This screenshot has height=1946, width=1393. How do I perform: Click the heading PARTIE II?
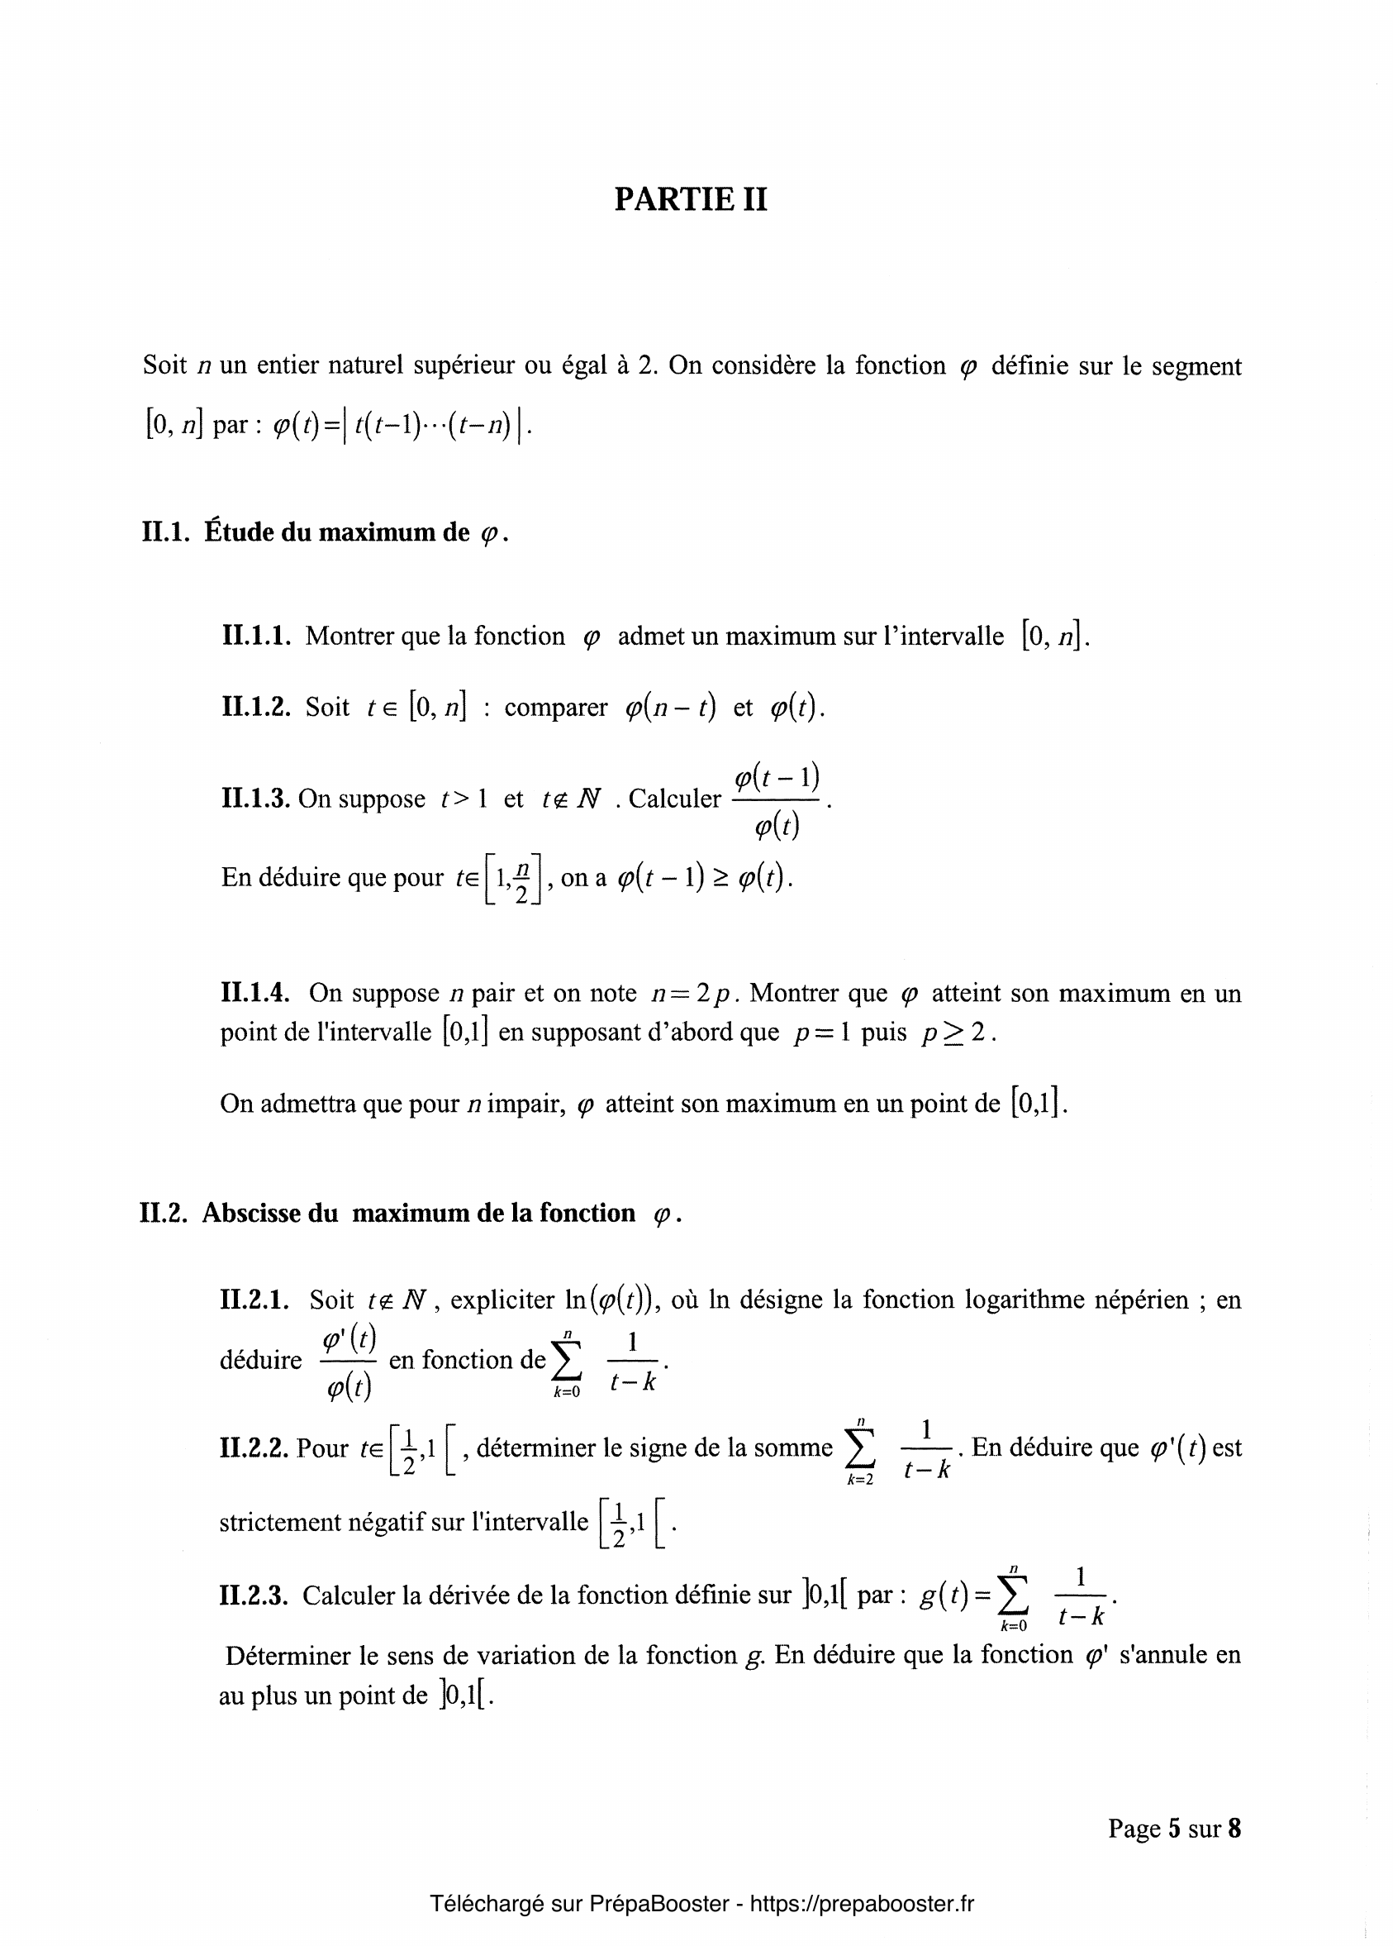click(x=691, y=199)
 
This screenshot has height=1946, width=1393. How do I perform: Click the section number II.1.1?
click(x=256, y=636)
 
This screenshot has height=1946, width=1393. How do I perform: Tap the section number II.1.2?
click(x=256, y=707)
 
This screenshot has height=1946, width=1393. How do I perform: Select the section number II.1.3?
click(x=256, y=799)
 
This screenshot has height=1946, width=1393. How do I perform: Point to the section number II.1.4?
click(x=254, y=993)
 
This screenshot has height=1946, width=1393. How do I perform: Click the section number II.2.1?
click(x=256, y=1300)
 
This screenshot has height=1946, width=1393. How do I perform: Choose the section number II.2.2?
click(x=254, y=1448)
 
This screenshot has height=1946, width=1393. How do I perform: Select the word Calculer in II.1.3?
click(x=675, y=799)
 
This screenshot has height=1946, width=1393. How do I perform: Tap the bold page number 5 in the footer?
click(x=1174, y=1829)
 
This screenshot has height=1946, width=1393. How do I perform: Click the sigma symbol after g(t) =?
click(x=1014, y=1597)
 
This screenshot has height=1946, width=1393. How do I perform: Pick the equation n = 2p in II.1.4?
click(x=692, y=994)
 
